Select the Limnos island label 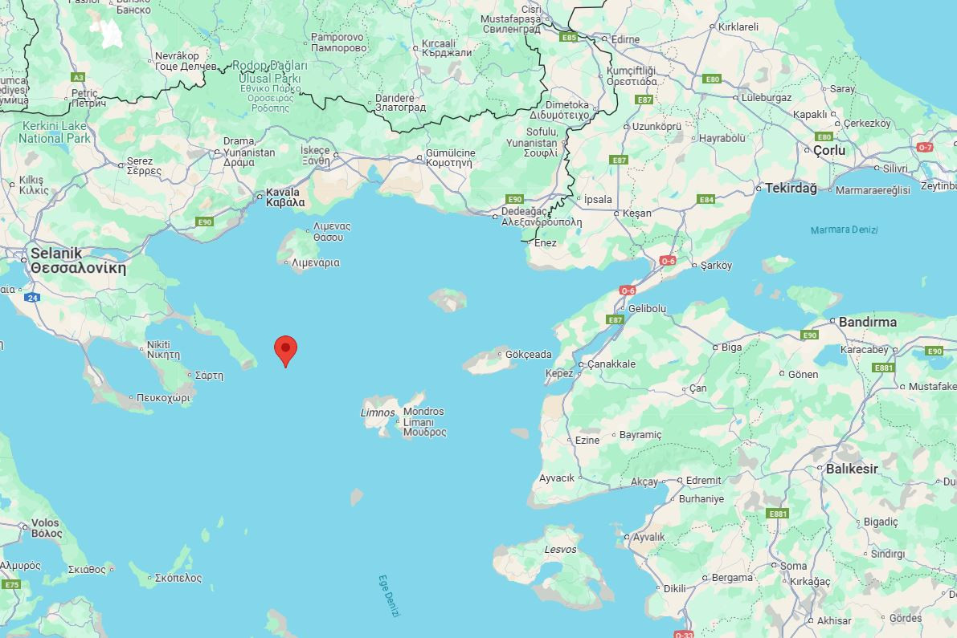tap(377, 412)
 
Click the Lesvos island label tap(560, 550)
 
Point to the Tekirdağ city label tap(791, 188)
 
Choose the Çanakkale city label tap(611, 364)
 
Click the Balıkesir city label tap(852, 469)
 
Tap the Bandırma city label tap(868, 322)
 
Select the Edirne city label tap(625, 39)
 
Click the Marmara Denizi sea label tap(844, 230)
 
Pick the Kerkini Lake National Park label tap(55, 132)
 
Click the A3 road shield tap(78, 77)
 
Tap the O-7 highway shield tap(925, 147)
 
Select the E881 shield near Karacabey tap(883, 368)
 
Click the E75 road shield tap(11, 584)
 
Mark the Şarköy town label tap(716, 266)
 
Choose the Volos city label tap(47, 528)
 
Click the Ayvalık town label tap(648, 537)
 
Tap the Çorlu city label tap(829, 150)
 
